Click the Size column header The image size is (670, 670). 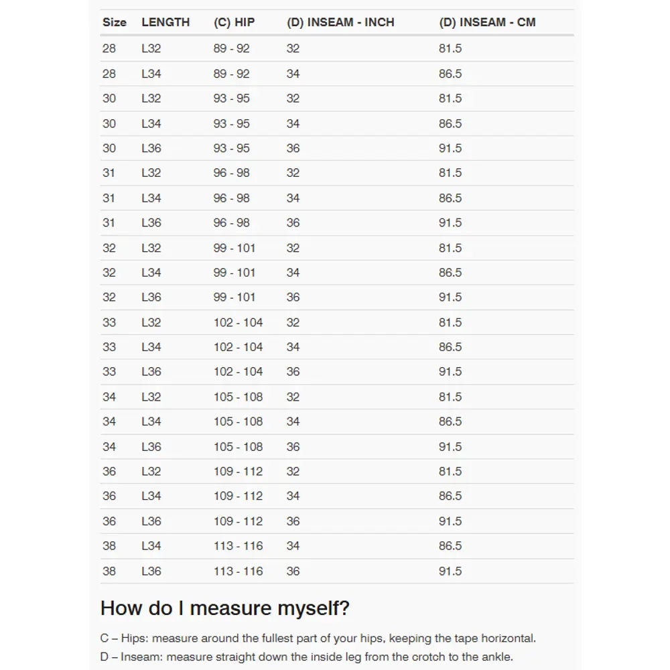[x=114, y=22]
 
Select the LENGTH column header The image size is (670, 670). [x=165, y=22]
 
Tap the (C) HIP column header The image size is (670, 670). [x=234, y=22]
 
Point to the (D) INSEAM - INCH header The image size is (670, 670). [x=340, y=22]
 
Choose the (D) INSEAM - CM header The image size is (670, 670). [x=487, y=22]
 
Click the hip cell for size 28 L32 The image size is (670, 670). [x=231, y=48]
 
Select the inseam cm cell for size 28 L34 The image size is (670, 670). [x=450, y=74]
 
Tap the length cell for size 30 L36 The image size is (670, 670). [x=151, y=148]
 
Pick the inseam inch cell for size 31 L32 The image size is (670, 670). [x=293, y=173]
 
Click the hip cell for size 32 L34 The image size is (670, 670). [x=234, y=273]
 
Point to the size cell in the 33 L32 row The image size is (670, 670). [x=109, y=322]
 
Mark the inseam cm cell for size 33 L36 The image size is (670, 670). [x=450, y=372]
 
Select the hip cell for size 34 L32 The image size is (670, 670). [x=238, y=397]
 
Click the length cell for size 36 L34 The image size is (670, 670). [x=151, y=496]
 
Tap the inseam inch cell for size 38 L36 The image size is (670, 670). [x=293, y=571]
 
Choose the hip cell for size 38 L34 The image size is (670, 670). [x=238, y=546]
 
